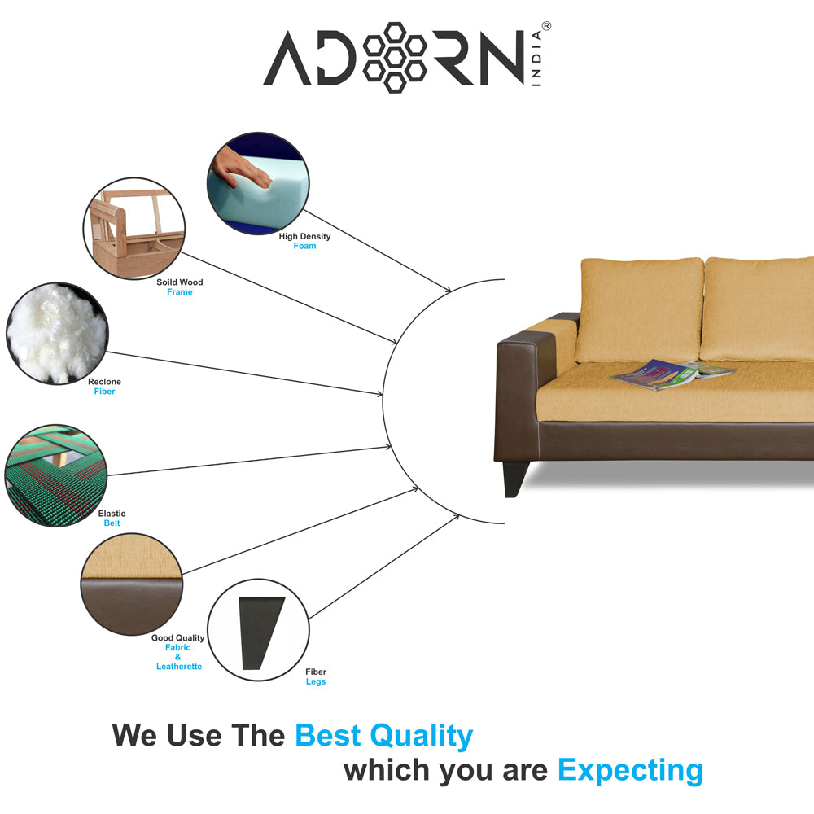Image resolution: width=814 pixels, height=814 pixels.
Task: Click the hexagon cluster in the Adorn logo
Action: click(395, 57)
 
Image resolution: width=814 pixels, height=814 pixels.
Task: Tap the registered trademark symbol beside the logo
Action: click(546, 27)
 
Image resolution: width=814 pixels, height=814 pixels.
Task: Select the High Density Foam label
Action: click(304, 241)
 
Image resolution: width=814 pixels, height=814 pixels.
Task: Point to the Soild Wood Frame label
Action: click(180, 287)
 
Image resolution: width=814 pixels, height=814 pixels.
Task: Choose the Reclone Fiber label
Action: click(104, 387)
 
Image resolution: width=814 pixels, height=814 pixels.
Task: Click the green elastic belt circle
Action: click(55, 474)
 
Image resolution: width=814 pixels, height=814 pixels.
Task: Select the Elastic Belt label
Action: click(112, 519)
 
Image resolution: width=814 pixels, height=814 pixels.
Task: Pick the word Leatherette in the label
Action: click(179, 667)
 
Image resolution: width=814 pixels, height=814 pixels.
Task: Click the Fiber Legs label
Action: click(316, 677)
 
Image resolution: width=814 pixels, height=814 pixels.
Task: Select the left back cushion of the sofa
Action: click(640, 309)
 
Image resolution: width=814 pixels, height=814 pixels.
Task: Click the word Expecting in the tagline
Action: click(630, 769)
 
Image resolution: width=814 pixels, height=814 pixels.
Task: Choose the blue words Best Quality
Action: click(383, 736)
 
